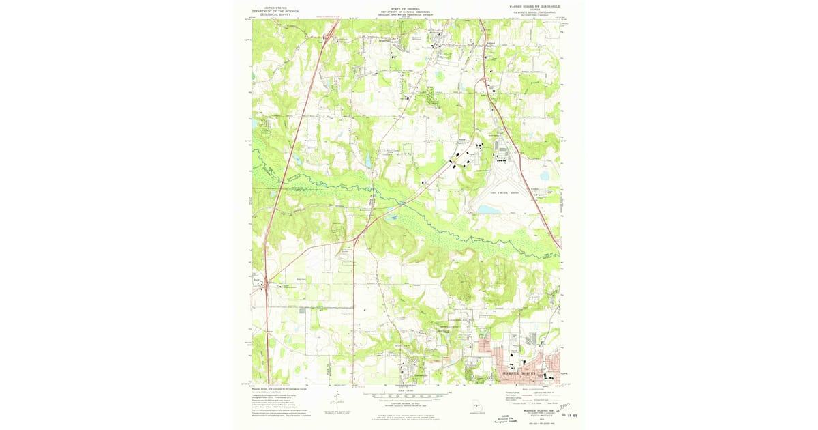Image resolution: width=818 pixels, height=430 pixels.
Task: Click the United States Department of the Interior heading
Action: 276,11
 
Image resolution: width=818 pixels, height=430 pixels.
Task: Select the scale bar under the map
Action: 406,394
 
